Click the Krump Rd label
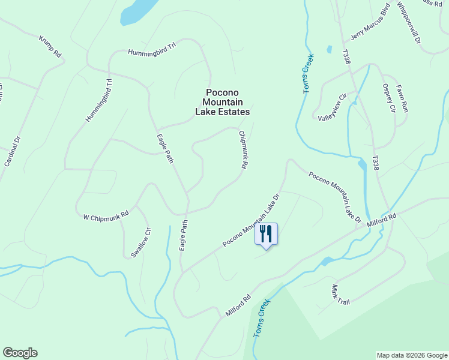[50, 46]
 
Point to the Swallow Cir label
[140, 242]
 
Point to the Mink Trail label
[340, 294]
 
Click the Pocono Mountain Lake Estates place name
[223, 102]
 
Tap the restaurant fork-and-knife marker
[267, 233]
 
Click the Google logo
[20, 353]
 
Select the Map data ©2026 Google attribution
[411, 355]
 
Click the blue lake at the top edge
[137, 11]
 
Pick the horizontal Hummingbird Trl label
[152, 52]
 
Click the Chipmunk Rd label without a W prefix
[243, 149]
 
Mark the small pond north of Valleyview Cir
[329, 49]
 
